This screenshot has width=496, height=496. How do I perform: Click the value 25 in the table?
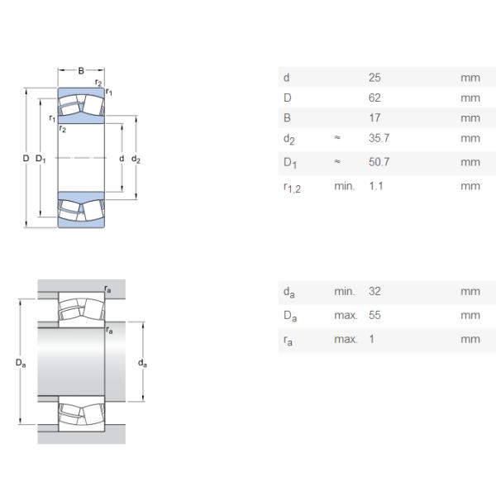click(374, 79)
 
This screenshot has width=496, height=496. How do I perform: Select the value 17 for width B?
click(374, 118)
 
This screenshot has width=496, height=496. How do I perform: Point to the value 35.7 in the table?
click(379, 139)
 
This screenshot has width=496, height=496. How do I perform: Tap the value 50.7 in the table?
click(379, 162)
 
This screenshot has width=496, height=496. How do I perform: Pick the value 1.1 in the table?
click(375, 186)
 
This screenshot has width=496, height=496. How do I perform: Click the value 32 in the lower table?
click(374, 292)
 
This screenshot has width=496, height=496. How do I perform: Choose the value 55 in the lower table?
click(374, 316)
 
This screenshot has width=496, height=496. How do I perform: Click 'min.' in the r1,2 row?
click(344, 186)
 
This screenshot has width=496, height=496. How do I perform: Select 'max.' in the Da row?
click(346, 316)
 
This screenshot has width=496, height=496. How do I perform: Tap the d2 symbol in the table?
click(288, 140)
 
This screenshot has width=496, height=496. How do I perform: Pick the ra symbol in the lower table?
click(287, 340)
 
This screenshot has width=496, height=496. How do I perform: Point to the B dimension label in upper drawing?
click(81, 71)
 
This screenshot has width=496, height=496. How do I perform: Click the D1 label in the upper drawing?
click(41, 159)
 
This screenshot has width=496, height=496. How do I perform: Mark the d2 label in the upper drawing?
click(136, 159)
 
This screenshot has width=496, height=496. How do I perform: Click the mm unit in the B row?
click(470, 118)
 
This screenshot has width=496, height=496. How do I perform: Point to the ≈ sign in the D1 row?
click(337, 162)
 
